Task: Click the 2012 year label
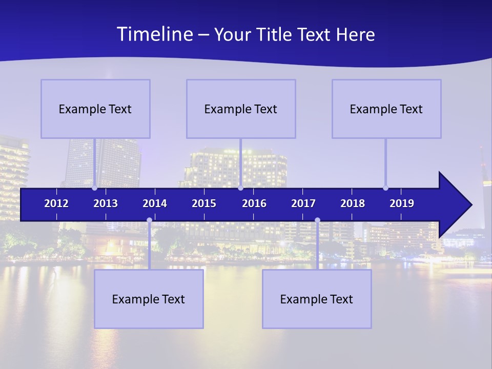(x=56, y=203)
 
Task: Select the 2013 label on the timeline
(x=106, y=203)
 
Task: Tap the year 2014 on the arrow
(x=155, y=203)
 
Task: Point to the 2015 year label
(x=204, y=203)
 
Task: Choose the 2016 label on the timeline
(x=254, y=203)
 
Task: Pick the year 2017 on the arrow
(x=303, y=203)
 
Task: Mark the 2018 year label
(x=353, y=203)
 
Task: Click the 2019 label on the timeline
(x=402, y=203)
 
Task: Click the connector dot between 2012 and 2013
(x=94, y=188)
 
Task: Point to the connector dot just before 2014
(x=149, y=220)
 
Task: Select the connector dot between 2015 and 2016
(x=240, y=188)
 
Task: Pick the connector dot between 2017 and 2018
(x=317, y=220)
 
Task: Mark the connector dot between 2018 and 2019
(x=385, y=188)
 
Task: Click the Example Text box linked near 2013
(x=95, y=109)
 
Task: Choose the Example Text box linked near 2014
(x=149, y=299)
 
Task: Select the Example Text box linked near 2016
(x=241, y=109)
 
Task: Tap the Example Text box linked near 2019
(x=386, y=109)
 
